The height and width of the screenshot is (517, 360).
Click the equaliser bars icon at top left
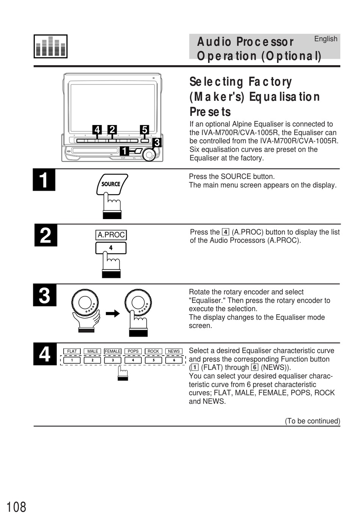[50, 46]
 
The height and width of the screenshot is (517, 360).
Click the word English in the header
[326, 39]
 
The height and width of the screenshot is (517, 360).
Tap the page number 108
[16, 507]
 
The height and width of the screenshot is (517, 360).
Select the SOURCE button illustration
[111, 184]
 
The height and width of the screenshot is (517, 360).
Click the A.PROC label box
[111, 235]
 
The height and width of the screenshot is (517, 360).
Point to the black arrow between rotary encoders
[113, 313]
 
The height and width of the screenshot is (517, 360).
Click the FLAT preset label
[72, 351]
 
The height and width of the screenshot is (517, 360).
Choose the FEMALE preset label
[113, 351]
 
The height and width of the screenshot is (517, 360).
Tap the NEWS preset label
[174, 351]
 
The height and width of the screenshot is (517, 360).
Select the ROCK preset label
[153, 351]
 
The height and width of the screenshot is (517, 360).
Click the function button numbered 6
[174, 360]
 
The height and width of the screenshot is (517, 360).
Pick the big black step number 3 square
[45, 295]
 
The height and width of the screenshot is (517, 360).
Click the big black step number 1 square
[44, 180]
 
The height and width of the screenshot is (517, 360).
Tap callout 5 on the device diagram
[144, 130]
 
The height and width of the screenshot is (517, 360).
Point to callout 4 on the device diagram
[97, 130]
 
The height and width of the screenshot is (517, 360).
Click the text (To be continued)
[312, 421]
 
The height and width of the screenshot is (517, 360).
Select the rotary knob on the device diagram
[149, 154]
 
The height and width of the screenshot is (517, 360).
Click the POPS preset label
[133, 351]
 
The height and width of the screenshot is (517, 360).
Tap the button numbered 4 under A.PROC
[111, 248]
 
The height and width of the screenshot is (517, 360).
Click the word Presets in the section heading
[210, 112]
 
